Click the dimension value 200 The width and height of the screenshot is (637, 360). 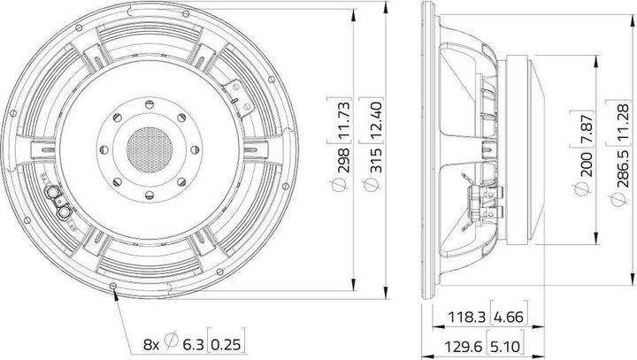coord(582,168)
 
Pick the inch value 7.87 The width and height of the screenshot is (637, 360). coord(582,128)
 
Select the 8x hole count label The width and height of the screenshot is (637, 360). coord(152,341)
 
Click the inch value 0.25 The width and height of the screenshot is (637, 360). coord(230,341)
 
